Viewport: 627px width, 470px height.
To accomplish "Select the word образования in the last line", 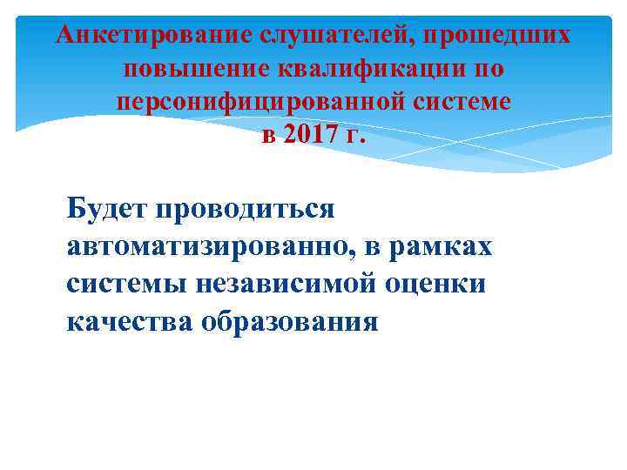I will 291,322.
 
